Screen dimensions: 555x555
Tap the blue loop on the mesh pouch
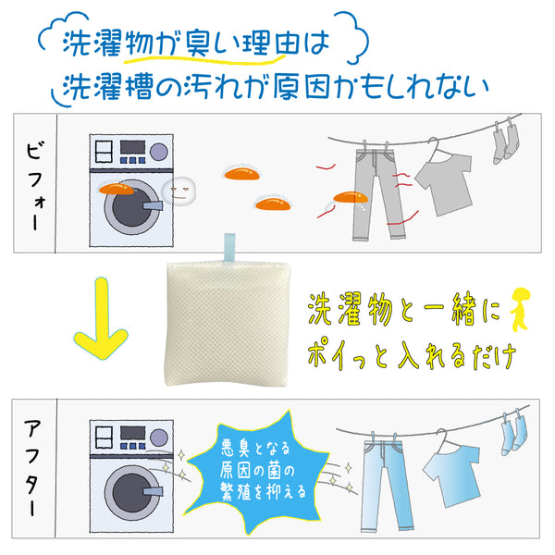229,247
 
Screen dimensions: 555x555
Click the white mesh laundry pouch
228,324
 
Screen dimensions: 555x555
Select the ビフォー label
36,186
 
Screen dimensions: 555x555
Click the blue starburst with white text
257,471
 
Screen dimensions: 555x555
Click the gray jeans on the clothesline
377,194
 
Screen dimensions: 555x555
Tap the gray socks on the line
505,142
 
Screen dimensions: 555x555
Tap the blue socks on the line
513,435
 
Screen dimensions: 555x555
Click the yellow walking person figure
520,309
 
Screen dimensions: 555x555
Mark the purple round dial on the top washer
158,152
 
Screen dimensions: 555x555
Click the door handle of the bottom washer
153,492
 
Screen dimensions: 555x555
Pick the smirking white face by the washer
179,191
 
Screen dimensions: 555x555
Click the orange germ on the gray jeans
351,198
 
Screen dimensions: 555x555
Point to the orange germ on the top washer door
117,190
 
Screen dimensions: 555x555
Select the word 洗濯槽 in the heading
108,87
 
